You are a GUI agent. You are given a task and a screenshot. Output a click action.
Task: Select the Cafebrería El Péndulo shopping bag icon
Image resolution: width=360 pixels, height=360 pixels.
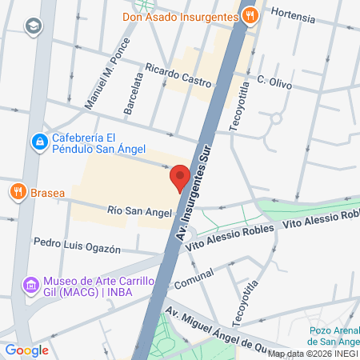[x=38, y=142]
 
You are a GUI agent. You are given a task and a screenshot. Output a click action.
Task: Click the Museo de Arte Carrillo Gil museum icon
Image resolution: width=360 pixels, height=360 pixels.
[x=30, y=285]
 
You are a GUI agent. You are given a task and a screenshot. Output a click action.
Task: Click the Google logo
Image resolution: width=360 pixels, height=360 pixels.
[x=26, y=350]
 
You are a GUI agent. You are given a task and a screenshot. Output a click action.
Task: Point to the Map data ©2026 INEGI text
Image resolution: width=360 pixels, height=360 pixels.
[x=313, y=354]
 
